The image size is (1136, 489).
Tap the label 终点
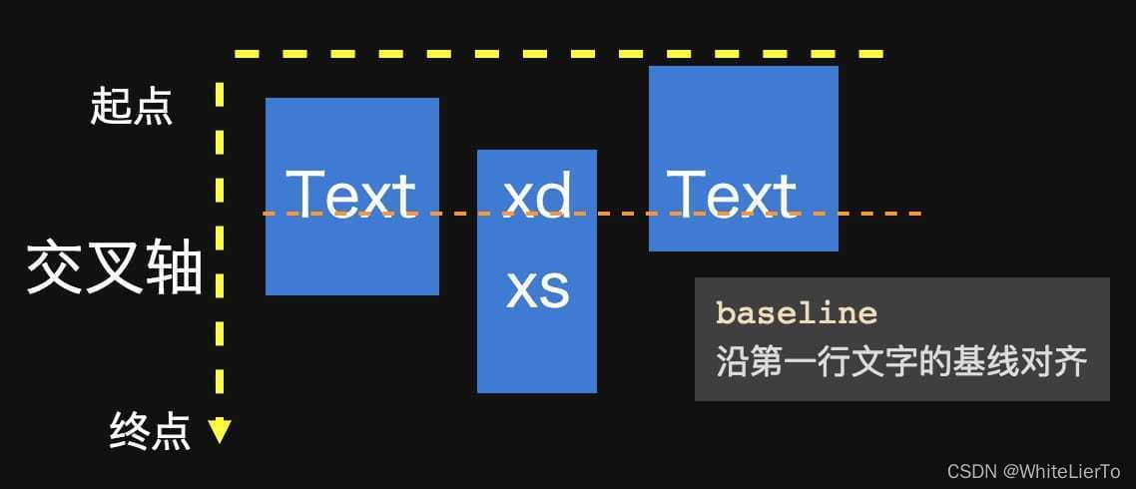150,432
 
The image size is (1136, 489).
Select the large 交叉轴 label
115,267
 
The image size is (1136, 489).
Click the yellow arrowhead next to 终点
220,431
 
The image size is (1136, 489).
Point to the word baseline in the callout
797,313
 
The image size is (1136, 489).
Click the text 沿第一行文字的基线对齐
900,361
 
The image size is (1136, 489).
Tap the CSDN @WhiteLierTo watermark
1033,471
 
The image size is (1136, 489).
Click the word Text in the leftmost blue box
350,194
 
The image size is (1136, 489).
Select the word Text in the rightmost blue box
732,194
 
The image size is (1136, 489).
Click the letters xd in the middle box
538,195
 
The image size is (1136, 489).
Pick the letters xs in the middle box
538,288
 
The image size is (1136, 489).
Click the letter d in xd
555,195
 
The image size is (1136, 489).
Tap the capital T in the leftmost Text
305,194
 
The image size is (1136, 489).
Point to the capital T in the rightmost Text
687,194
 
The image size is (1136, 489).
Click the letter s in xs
555,289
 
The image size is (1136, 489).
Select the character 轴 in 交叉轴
174,267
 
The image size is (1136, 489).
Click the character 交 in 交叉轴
55,267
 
